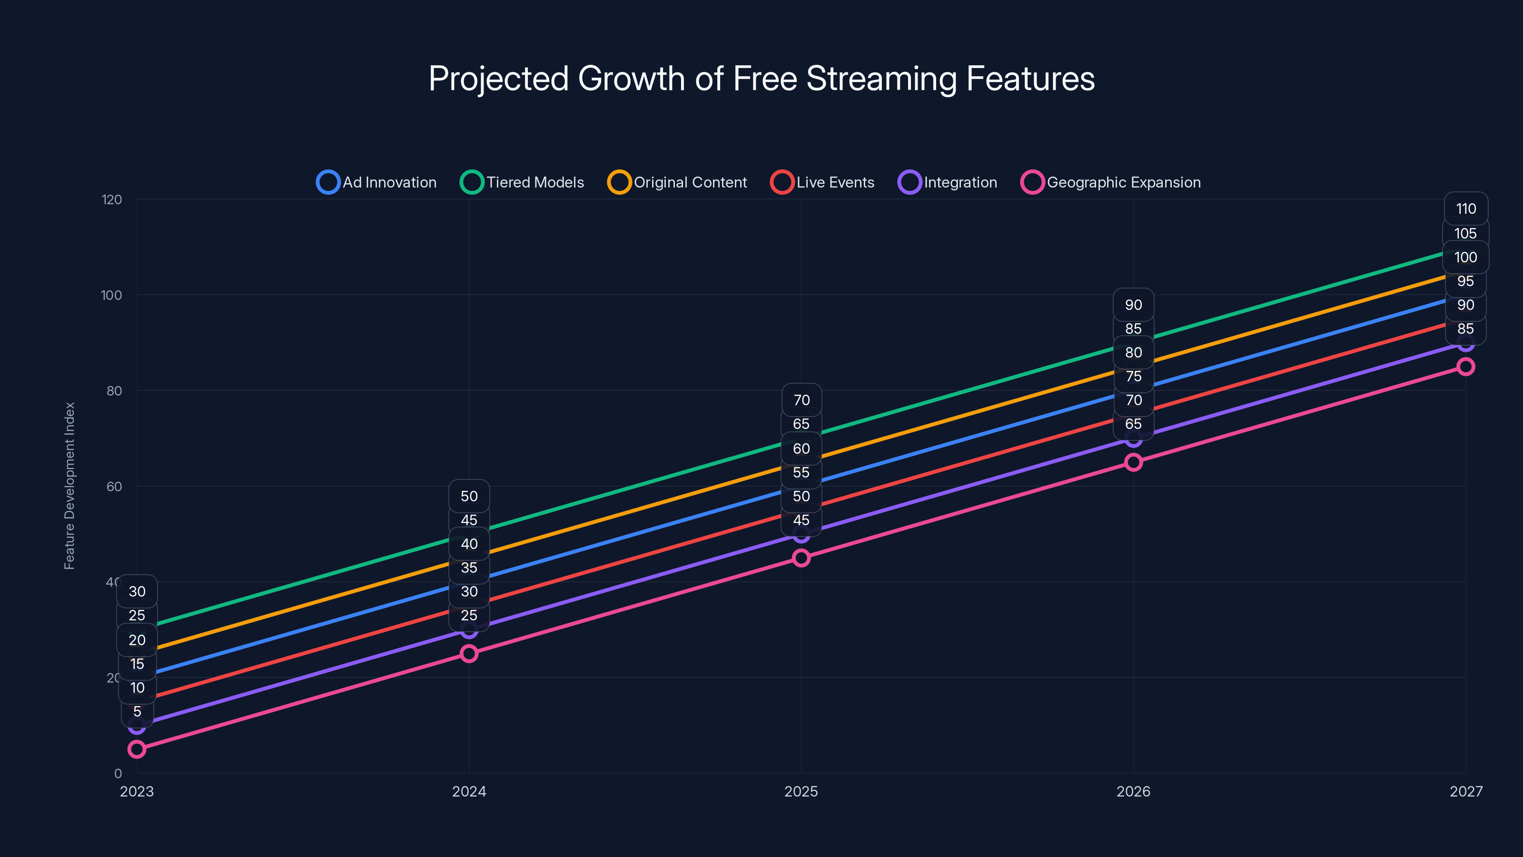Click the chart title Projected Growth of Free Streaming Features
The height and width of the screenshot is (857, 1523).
point(761,79)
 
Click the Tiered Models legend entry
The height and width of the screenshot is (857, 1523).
point(522,182)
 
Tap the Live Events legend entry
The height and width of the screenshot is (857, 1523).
point(822,182)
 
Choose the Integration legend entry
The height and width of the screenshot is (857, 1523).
point(948,182)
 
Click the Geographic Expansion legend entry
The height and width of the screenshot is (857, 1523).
point(1111,182)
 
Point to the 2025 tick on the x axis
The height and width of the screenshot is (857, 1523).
point(801,791)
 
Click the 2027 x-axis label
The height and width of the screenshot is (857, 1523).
point(1466,791)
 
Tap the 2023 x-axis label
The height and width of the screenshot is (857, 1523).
point(137,791)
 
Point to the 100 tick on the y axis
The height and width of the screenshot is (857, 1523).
point(111,295)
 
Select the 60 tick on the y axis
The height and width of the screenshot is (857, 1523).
point(114,486)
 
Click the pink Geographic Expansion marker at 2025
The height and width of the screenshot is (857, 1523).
point(801,558)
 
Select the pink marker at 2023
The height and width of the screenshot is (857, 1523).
point(137,749)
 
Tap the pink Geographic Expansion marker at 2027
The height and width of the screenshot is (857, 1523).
point(1466,367)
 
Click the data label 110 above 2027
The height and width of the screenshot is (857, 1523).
point(1466,209)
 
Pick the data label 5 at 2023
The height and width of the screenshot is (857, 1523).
point(137,711)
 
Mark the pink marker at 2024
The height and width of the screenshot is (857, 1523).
point(469,654)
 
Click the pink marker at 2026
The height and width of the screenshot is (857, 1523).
point(1133,462)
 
